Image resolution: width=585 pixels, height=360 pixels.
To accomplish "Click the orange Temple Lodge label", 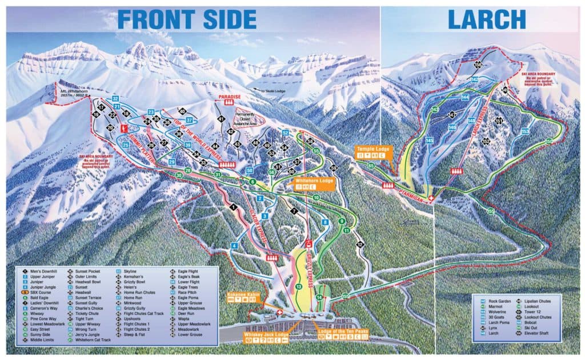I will (372, 146).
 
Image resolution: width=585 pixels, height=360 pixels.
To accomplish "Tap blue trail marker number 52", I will (285, 133).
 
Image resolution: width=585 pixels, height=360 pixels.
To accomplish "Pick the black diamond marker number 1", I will (233, 207).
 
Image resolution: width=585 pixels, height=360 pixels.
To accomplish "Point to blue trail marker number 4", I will (234, 246).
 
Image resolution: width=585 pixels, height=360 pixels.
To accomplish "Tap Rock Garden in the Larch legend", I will (496, 299).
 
